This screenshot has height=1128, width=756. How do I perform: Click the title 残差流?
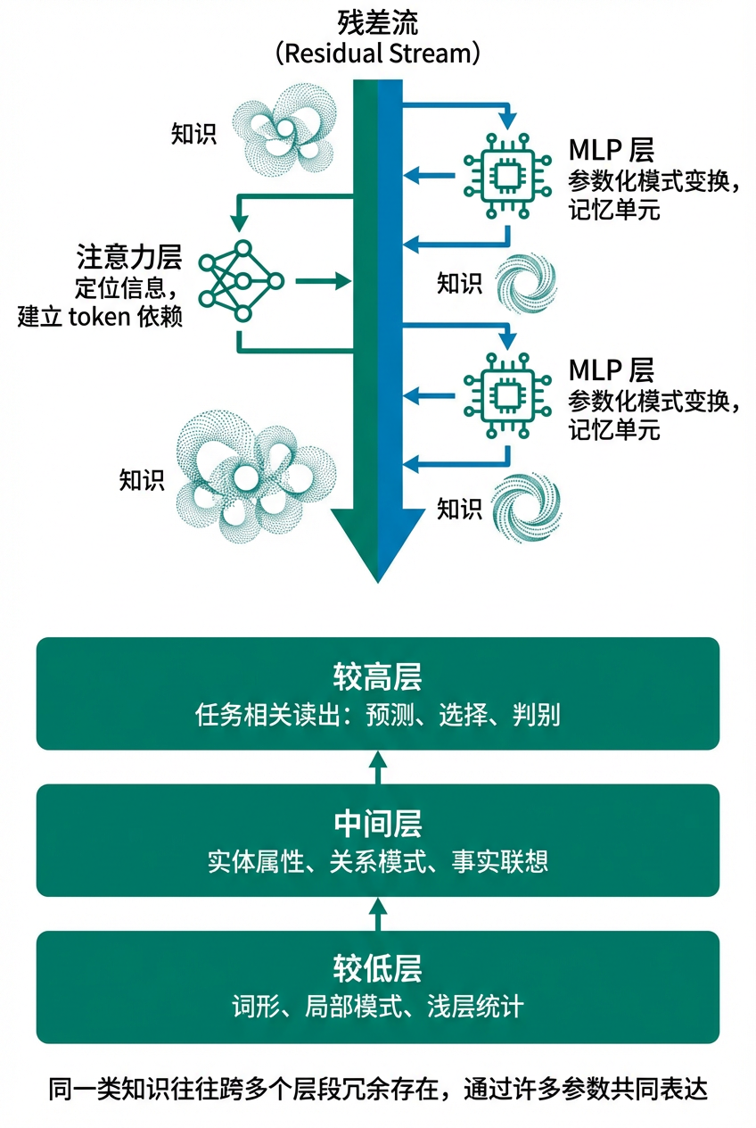[378, 21]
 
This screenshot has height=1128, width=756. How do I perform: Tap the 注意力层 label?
[130, 258]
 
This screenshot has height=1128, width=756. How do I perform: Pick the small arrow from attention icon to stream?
[319, 282]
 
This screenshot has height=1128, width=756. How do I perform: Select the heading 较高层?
[378, 677]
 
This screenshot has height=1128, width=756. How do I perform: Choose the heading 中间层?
[378, 823]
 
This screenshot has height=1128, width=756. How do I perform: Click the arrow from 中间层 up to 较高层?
[378, 766]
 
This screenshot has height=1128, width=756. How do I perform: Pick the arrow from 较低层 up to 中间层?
[378, 913]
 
